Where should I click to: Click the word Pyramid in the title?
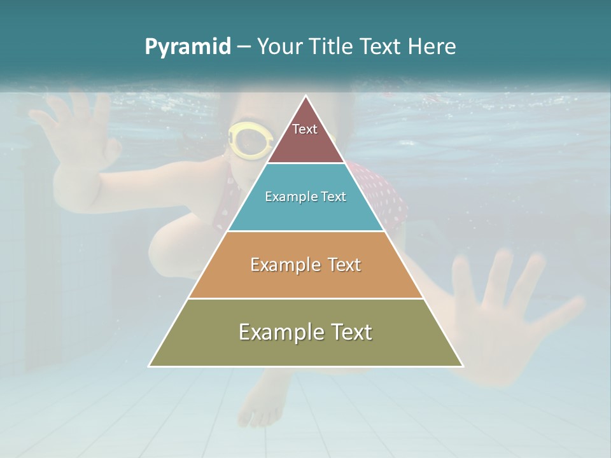(188, 46)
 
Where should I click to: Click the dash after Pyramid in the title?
(244, 47)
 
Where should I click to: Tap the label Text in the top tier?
(305, 129)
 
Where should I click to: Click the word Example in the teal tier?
(288, 197)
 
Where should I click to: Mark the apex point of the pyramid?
(306, 96)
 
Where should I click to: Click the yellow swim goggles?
(249, 140)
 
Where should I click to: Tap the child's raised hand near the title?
(80, 127)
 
